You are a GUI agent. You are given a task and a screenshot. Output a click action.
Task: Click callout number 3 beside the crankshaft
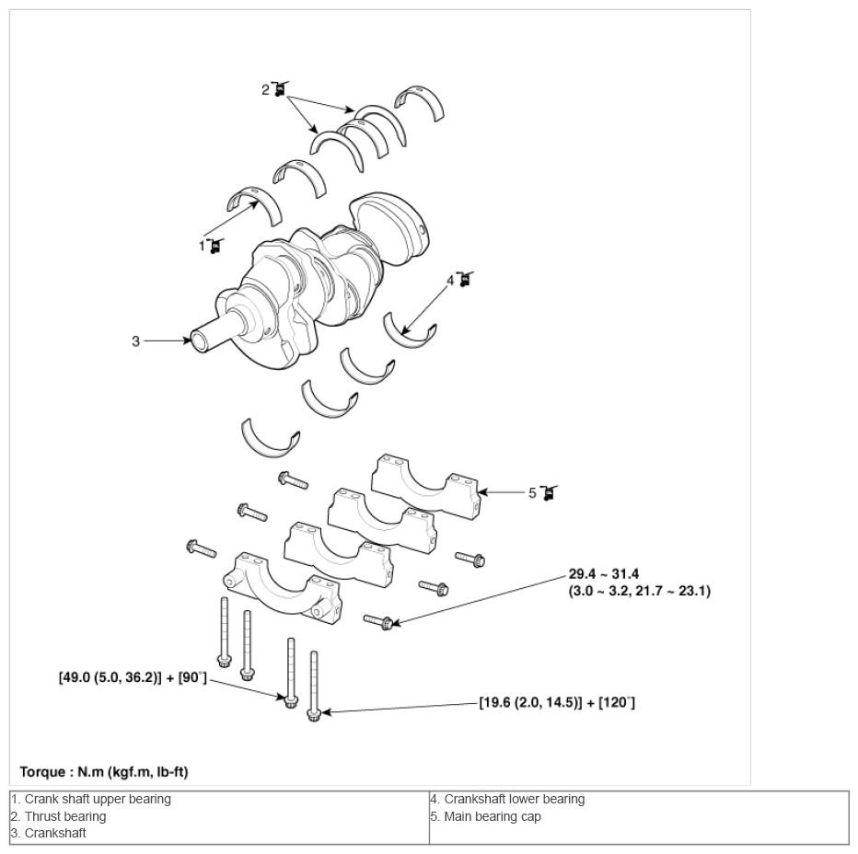pyautogui.click(x=135, y=341)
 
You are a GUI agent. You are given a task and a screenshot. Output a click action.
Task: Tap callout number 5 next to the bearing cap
pyautogui.click(x=532, y=493)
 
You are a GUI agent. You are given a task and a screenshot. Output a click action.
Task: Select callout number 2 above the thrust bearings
pyautogui.click(x=265, y=89)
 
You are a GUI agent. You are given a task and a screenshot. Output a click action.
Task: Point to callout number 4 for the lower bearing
pyautogui.click(x=450, y=281)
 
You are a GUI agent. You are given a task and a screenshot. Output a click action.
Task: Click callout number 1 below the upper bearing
pyautogui.click(x=202, y=247)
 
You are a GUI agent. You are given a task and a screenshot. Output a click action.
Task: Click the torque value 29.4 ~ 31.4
pyautogui.click(x=604, y=574)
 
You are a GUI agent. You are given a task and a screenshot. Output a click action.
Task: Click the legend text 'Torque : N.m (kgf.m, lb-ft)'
pyautogui.click(x=104, y=772)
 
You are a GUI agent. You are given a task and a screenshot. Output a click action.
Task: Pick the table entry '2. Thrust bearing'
pyautogui.click(x=59, y=816)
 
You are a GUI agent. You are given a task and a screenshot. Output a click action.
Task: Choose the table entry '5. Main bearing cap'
pyautogui.click(x=485, y=816)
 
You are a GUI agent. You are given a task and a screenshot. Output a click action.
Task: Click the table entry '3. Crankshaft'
pyautogui.click(x=49, y=833)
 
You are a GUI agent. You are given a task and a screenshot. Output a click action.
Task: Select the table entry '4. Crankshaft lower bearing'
pyautogui.click(x=507, y=800)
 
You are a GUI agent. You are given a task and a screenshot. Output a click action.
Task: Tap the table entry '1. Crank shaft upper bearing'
pyautogui.click(x=91, y=800)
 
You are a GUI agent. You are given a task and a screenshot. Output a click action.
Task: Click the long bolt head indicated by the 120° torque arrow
pyautogui.click(x=314, y=714)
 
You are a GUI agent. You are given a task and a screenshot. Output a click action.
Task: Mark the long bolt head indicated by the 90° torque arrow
pyautogui.click(x=291, y=700)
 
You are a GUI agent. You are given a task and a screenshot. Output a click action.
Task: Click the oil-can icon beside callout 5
pyautogui.click(x=549, y=492)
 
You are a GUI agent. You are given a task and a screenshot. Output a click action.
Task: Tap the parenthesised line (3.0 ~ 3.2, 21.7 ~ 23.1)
pyautogui.click(x=639, y=591)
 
